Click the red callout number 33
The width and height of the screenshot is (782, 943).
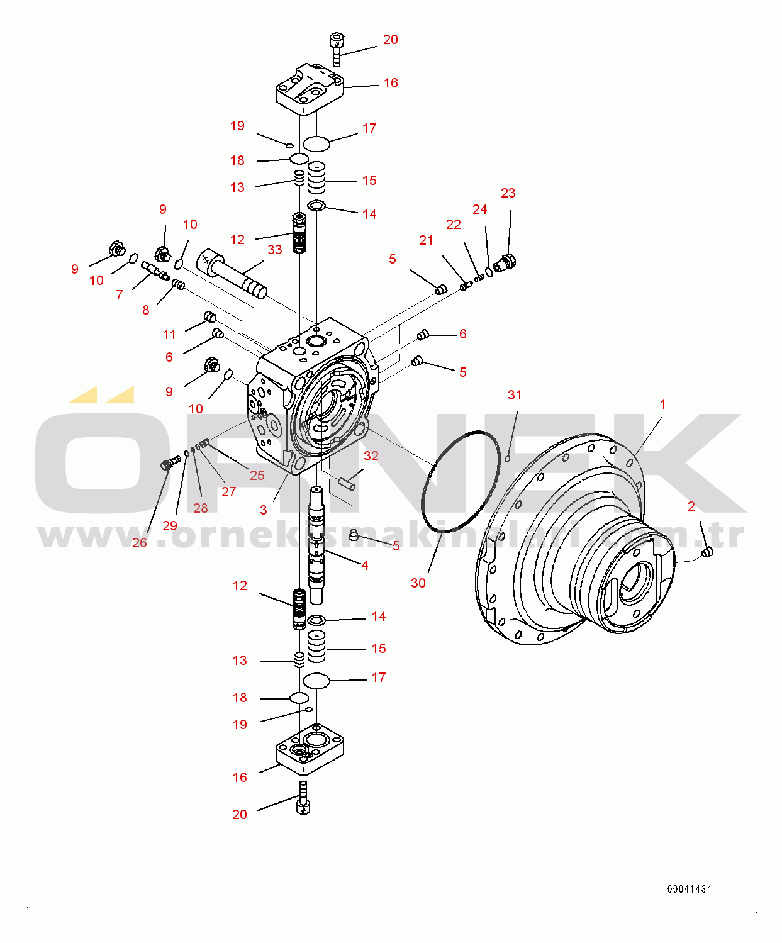pyautogui.click(x=275, y=250)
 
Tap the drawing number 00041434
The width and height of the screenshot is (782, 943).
pyautogui.click(x=690, y=890)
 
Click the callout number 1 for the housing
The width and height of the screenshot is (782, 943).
pyautogui.click(x=662, y=405)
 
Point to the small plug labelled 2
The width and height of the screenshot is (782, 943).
pyautogui.click(x=708, y=552)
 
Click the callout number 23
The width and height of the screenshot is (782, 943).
pyautogui.click(x=508, y=193)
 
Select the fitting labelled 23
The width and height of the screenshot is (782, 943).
pyautogui.click(x=505, y=263)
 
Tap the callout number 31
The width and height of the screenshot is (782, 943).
pyautogui.click(x=515, y=395)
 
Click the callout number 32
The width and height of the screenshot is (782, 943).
pyautogui.click(x=371, y=456)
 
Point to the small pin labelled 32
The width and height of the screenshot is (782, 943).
pyautogui.click(x=349, y=483)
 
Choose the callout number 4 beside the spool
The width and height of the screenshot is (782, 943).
pyautogui.click(x=364, y=566)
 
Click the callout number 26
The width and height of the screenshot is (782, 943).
pyautogui.click(x=140, y=543)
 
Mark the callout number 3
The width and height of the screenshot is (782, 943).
pyautogui.click(x=264, y=510)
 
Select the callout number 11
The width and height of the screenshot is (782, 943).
pyautogui.click(x=169, y=335)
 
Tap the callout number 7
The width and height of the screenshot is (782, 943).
pyautogui.click(x=120, y=295)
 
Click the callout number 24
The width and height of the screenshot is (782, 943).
pyautogui.click(x=480, y=209)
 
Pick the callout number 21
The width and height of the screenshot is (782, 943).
pyautogui.click(x=426, y=240)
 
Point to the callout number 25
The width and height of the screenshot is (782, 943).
pyautogui.click(x=257, y=475)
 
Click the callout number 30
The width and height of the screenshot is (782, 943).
pyautogui.click(x=418, y=583)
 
